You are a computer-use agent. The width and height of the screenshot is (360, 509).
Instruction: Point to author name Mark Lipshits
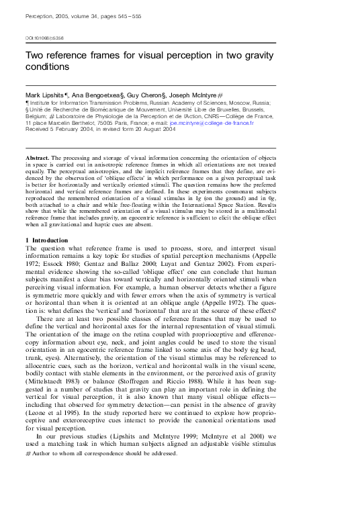44,96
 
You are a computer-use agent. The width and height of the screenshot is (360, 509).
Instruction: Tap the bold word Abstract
39,156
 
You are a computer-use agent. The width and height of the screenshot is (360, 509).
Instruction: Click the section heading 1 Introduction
50,221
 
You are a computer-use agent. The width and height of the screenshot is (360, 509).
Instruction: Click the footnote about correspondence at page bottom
101,435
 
